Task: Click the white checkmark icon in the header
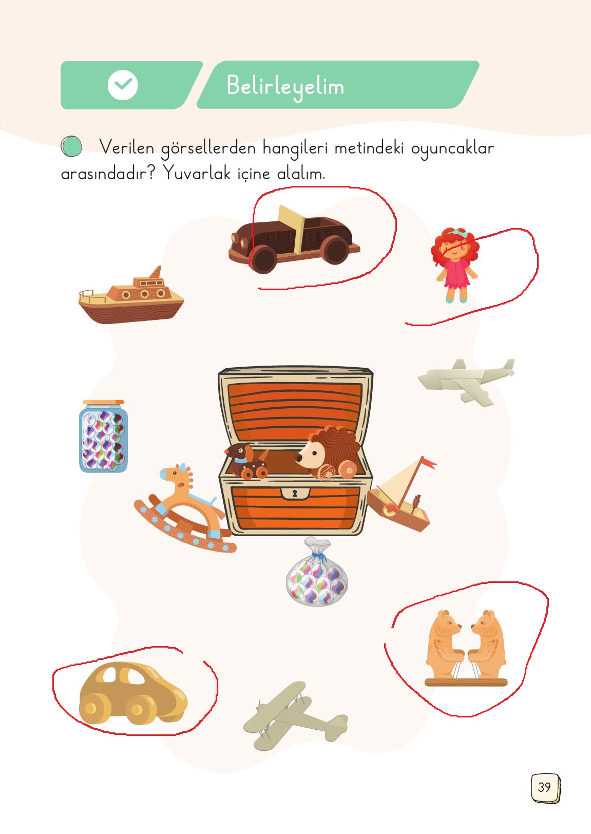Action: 123,85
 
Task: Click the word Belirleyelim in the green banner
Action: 285,86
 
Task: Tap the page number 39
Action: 544,787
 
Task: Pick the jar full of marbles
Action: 103,436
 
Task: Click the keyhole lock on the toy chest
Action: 295,494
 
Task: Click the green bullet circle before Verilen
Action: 71,147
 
